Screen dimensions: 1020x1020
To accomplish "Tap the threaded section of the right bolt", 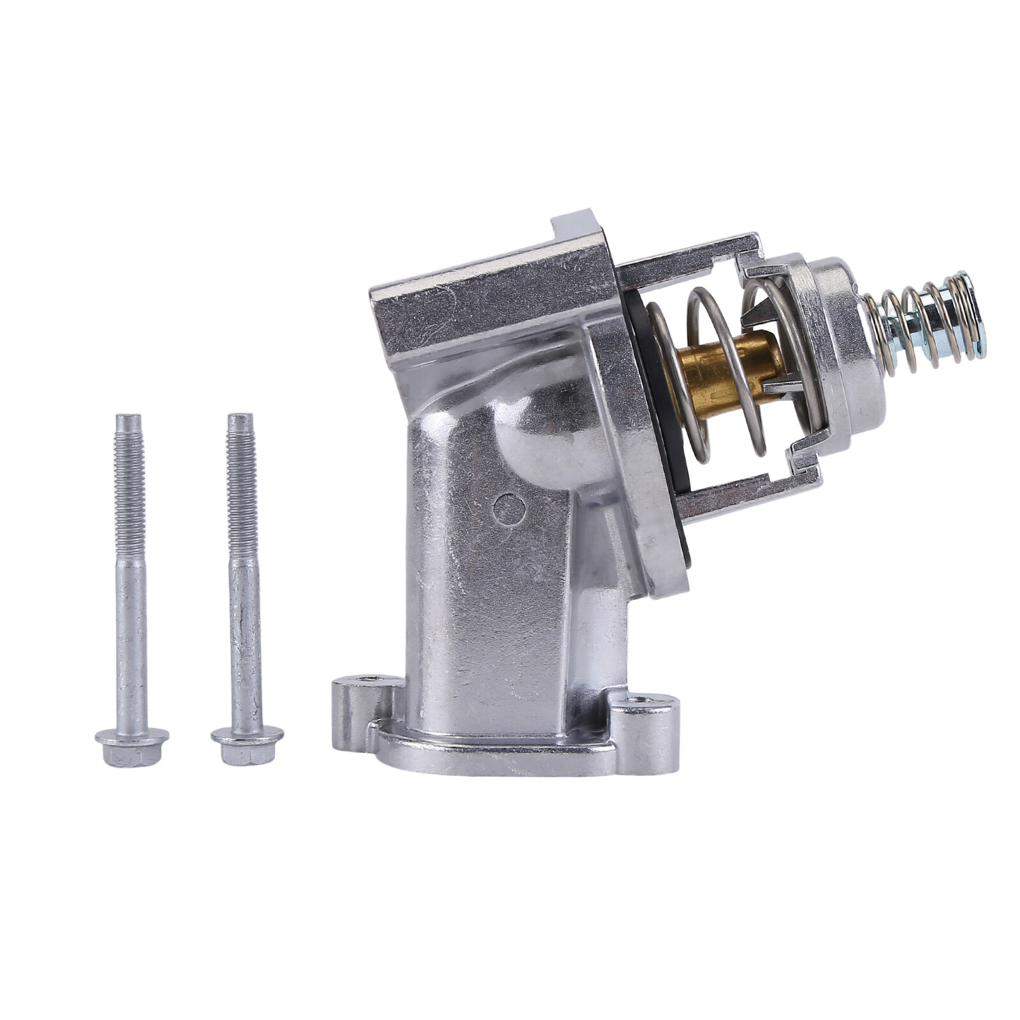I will click(x=240, y=484).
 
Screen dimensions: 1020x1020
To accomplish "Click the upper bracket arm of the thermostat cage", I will click(x=688, y=252).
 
